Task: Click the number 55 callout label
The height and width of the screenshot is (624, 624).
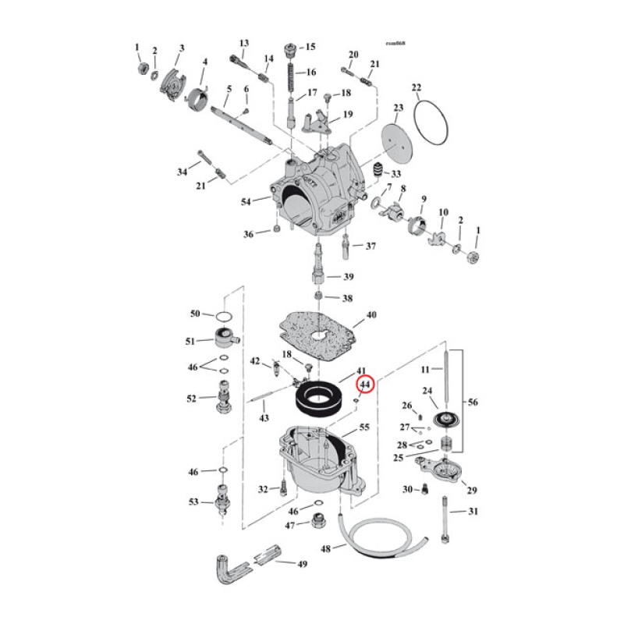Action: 363,429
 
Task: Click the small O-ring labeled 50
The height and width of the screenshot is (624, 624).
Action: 223,316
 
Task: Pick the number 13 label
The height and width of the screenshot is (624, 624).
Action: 243,42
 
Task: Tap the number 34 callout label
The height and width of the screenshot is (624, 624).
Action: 183,172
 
